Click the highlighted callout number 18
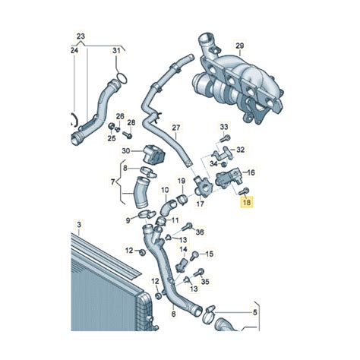[x=245, y=202]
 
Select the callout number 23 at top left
[x=81, y=36]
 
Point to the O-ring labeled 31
[x=121, y=79]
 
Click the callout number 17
[x=202, y=204]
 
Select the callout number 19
[x=182, y=180]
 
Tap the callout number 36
[x=201, y=231]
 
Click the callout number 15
[x=210, y=254]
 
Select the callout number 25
[x=111, y=139]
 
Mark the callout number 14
[x=184, y=248]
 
